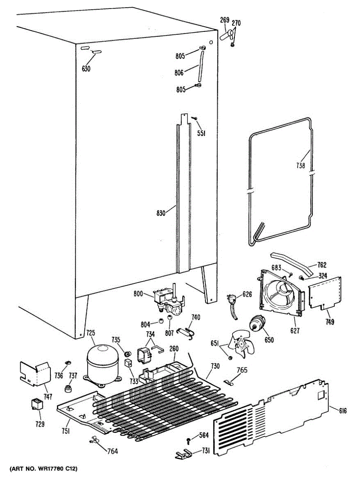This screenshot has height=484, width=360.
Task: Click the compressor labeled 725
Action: (101, 362)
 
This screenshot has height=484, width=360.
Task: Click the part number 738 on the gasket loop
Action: (301, 165)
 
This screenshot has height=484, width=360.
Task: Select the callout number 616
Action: (343, 411)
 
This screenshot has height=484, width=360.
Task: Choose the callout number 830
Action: (161, 213)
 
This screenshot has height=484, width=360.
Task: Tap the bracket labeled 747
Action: (35, 372)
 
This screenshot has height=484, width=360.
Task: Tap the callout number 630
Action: (86, 69)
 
